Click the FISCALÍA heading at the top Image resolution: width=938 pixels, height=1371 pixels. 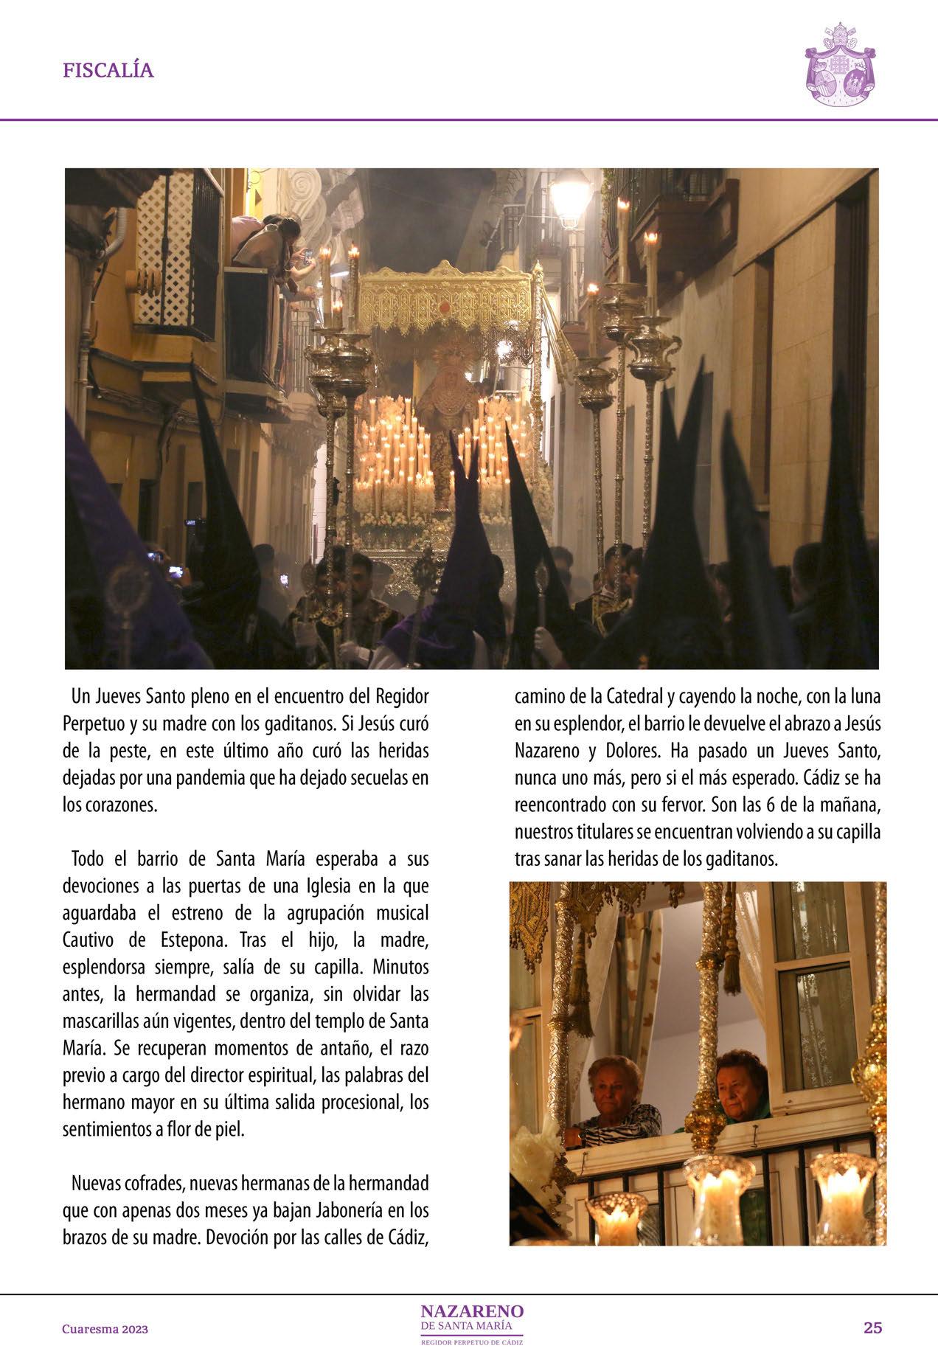[x=108, y=71]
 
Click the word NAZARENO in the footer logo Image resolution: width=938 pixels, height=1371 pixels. [x=472, y=1311]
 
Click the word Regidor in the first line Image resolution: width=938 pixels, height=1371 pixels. [x=403, y=695]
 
